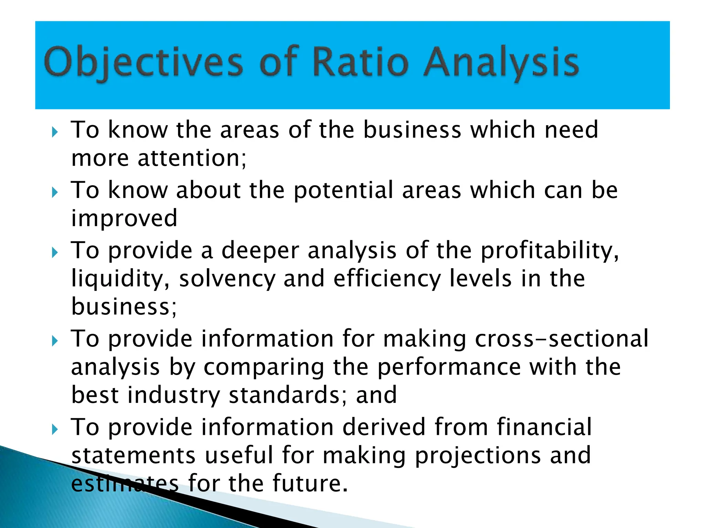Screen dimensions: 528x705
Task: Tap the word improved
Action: pyautogui.click(x=124, y=219)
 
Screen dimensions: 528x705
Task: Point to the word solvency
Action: pyautogui.click(x=227, y=279)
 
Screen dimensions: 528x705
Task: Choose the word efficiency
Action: pyautogui.click(x=387, y=279)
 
